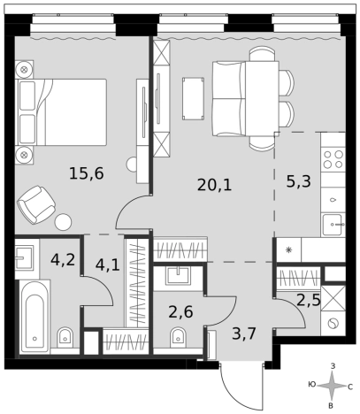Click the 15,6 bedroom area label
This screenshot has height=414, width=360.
87,173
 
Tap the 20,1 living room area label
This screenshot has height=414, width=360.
214,185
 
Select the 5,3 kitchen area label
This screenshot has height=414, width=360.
298,181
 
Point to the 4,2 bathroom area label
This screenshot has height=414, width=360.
63,260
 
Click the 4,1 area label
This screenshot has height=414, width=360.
107,264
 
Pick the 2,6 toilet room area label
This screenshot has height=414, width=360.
180,311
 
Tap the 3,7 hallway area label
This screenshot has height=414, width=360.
243,334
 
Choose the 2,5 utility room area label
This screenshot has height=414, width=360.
309,301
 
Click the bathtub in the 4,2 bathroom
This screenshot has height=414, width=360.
34,317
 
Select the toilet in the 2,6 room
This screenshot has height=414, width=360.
178,338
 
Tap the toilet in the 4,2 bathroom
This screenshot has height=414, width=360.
65,338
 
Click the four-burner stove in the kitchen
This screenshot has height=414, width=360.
333,159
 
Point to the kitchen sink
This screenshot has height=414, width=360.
333,225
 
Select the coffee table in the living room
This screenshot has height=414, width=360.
193,99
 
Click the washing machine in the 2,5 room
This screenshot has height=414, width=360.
333,324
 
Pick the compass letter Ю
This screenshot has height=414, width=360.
312,385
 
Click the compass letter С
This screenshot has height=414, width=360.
350,387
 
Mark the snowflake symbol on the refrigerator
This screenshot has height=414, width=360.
289,250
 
